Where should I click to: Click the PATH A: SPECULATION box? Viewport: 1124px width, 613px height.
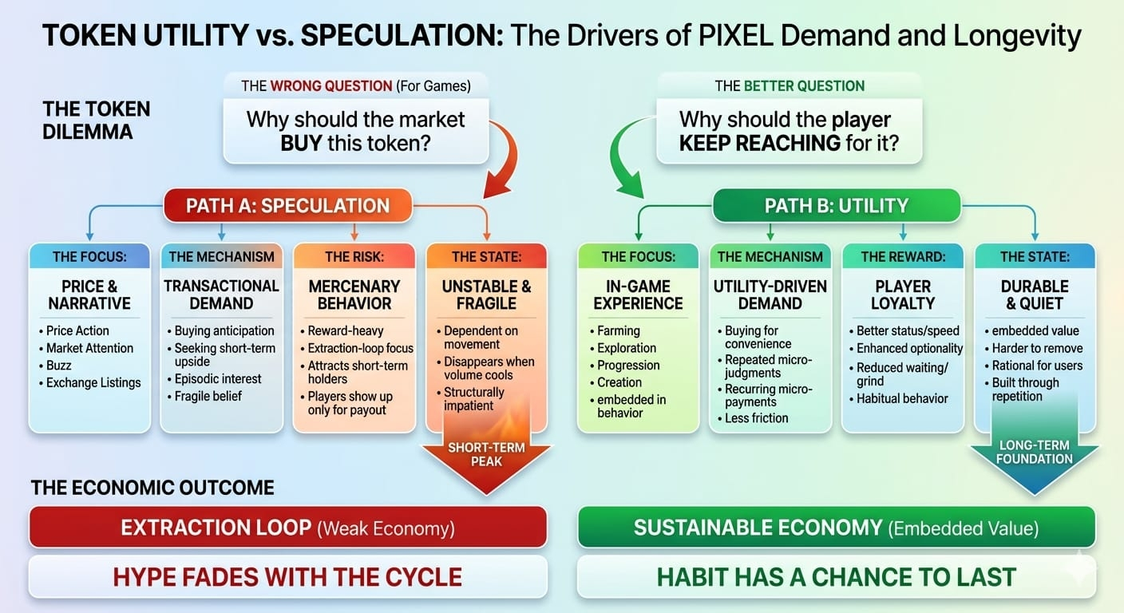click(287, 205)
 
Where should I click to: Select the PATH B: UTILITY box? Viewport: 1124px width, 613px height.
click(836, 205)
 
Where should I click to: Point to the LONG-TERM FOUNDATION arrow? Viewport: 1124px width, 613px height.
click(1034, 458)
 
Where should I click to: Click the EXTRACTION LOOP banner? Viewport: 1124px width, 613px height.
click(287, 528)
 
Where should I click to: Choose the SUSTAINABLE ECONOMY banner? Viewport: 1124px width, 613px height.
click(836, 528)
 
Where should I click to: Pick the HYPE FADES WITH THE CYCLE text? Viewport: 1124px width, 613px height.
click(287, 576)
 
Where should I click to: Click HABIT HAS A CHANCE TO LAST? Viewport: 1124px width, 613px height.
click(836, 576)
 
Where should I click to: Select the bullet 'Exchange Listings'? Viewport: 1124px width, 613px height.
click(93, 382)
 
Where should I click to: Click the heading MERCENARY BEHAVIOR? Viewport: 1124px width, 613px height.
click(354, 295)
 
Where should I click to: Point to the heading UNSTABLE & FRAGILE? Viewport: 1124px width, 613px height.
click(486, 295)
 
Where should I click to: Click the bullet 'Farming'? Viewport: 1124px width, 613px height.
click(618, 330)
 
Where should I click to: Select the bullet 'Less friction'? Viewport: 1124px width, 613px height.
click(756, 417)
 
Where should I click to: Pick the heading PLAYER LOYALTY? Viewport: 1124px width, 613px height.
click(902, 295)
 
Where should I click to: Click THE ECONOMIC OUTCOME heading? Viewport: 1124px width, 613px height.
click(152, 488)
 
